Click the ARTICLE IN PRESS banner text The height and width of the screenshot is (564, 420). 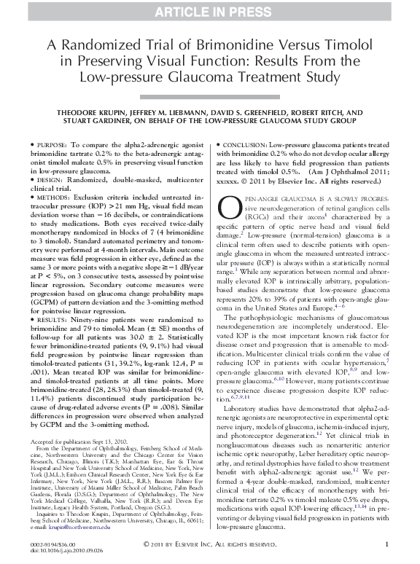[210, 9]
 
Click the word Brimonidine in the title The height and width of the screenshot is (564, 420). [230, 44]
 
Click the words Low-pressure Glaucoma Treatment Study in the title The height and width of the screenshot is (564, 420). [210, 75]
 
